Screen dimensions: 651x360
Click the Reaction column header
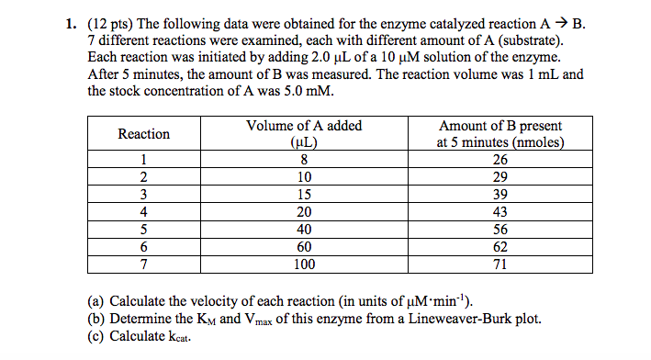144,134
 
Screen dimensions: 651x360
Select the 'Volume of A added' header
304,126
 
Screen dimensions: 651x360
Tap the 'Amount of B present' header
500,126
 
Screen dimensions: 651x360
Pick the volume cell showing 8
304,160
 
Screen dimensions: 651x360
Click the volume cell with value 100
304,264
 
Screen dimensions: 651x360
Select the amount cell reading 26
500,160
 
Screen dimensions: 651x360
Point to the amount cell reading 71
500,264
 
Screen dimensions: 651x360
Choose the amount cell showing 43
500,212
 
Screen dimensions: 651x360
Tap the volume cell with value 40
304,230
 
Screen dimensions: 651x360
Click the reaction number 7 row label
144,264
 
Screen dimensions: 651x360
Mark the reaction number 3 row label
144,195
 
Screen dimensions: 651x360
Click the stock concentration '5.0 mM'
306,91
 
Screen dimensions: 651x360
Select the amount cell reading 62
500,247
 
